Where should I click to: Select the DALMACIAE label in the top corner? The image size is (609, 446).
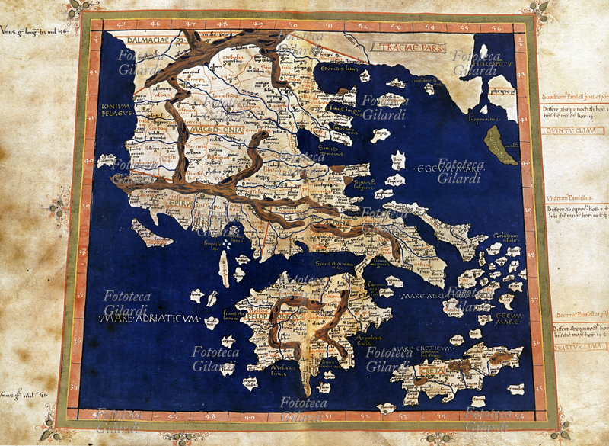(x=141, y=36)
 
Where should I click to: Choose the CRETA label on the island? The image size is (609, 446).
(x=432, y=372)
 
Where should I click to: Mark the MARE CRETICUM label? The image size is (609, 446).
(x=411, y=349)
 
